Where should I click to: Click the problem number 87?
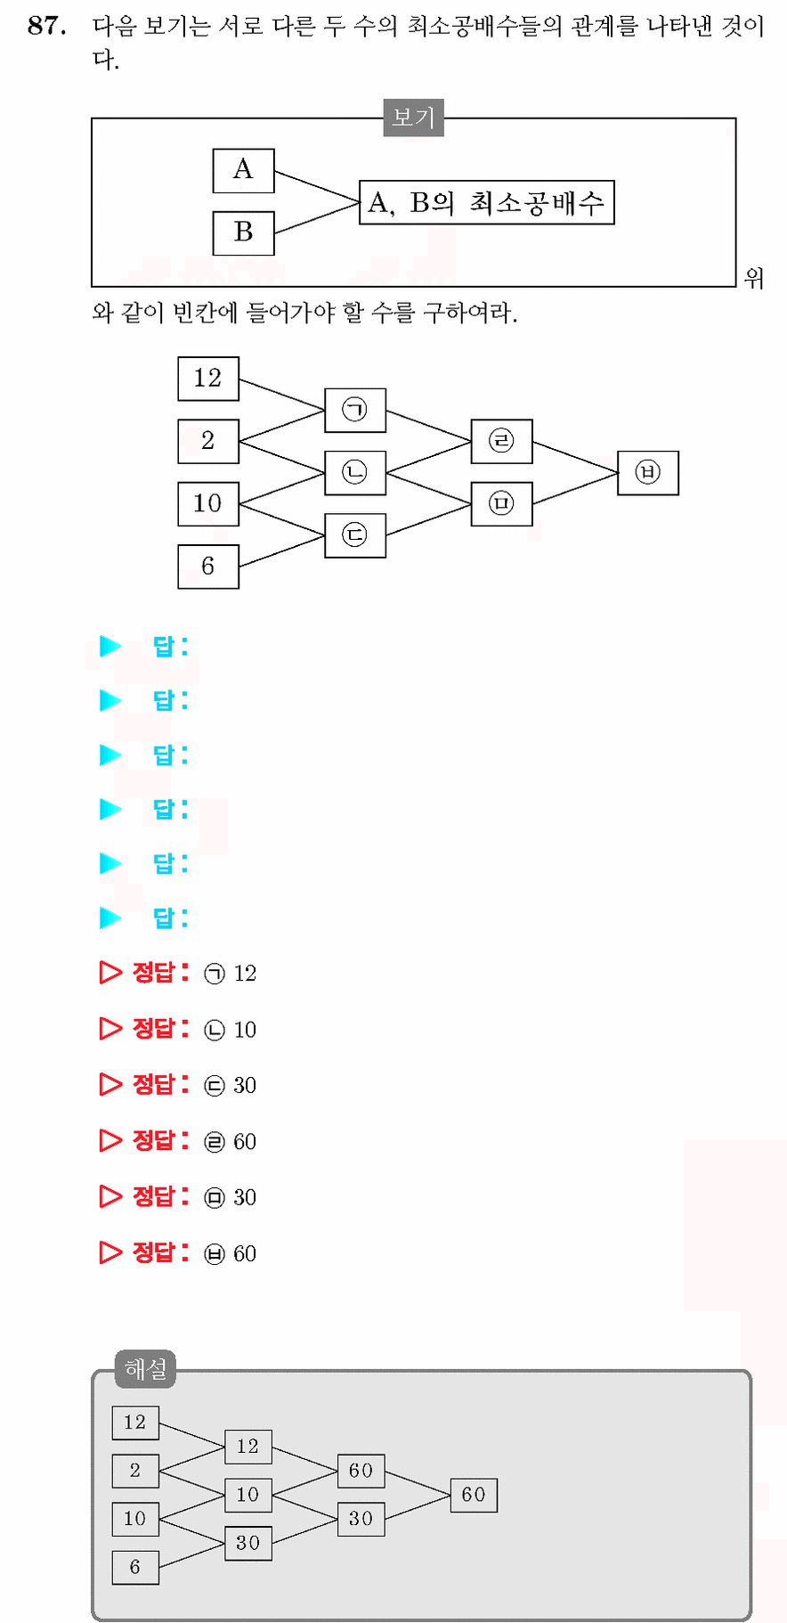pos(47,26)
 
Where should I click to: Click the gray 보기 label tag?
pos(413,118)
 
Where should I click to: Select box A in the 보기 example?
pos(243,170)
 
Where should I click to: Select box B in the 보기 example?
pos(243,232)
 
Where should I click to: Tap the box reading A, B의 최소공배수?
pos(487,202)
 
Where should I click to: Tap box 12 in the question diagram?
pos(208,378)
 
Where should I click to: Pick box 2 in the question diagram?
pos(208,441)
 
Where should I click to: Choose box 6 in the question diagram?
pos(208,567)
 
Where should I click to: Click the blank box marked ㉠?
pos(355,410)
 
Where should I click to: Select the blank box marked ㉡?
pos(355,472)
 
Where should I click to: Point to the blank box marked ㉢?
pos(355,535)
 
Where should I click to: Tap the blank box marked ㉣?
pos(502,441)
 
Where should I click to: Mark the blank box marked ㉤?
pos(502,504)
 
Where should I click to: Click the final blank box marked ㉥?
pos(648,472)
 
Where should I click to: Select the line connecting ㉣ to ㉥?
pos(575,457)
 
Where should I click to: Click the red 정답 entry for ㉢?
pos(178,1084)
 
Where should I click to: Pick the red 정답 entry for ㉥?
pos(178,1252)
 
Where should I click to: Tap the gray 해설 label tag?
pos(145,1368)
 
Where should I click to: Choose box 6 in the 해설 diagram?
pos(135,1567)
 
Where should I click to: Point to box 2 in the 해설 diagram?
pos(135,1471)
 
